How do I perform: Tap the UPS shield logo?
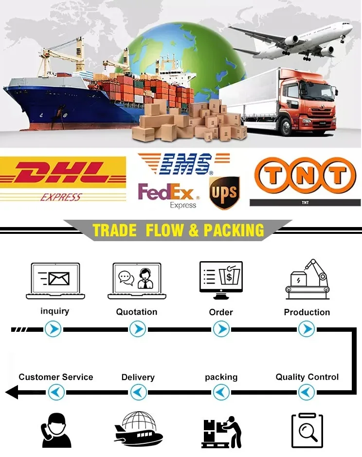(224, 193)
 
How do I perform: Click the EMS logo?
(182, 164)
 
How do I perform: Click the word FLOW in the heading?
(165, 230)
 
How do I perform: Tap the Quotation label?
(137, 312)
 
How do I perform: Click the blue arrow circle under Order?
(221, 330)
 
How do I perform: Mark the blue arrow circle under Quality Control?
(306, 391)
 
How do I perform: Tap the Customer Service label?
(56, 377)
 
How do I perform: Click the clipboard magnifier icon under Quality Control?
(307, 430)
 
